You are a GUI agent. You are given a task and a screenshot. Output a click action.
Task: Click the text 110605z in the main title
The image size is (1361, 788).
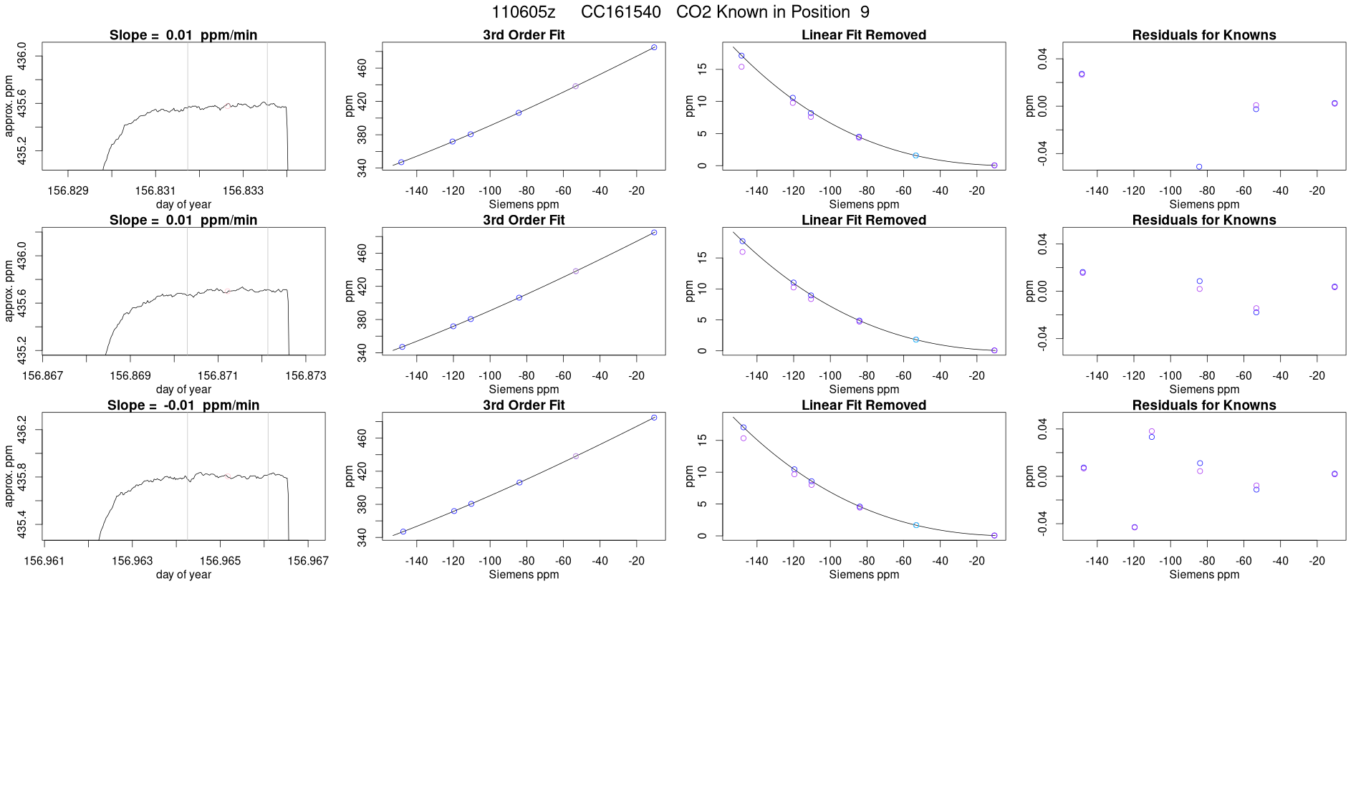click(523, 12)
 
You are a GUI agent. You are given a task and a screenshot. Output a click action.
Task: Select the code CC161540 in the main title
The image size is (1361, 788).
click(620, 12)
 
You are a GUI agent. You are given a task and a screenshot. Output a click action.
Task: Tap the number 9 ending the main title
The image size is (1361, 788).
click(865, 12)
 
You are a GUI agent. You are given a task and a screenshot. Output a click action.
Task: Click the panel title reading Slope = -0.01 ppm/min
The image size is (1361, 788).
click(183, 405)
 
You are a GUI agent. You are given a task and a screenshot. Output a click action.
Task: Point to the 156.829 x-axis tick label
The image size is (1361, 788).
click(68, 191)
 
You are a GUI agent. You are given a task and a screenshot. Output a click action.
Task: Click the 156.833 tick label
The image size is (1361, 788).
click(243, 191)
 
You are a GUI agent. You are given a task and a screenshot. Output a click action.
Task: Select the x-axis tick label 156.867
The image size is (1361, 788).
click(43, 375)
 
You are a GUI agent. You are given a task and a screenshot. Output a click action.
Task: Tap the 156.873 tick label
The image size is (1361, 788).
click(306, 375)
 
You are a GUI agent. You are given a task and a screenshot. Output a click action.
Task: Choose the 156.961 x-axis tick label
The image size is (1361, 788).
click(44, 561)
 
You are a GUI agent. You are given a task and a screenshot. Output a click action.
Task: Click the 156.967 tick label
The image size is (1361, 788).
click(308, 561)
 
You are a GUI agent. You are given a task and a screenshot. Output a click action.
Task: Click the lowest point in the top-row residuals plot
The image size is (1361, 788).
click(1199, 167)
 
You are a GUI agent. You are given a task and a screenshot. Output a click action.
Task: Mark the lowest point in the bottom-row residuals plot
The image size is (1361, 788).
click(1135, 527)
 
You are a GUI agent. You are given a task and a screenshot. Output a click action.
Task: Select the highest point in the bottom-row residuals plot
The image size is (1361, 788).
click(1152, 431)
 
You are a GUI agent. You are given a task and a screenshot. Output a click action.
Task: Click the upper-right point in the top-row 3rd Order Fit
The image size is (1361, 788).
click(654, 47)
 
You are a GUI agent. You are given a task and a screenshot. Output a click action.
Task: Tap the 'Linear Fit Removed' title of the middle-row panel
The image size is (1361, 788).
click(864, 220)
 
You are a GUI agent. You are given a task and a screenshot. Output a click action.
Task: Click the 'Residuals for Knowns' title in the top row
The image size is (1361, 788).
click(1204, 35)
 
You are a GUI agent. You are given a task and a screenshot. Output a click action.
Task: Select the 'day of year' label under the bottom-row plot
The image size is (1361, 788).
click(183, 575)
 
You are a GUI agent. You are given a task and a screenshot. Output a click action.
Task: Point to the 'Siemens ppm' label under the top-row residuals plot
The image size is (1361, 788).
click(1204, 204)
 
